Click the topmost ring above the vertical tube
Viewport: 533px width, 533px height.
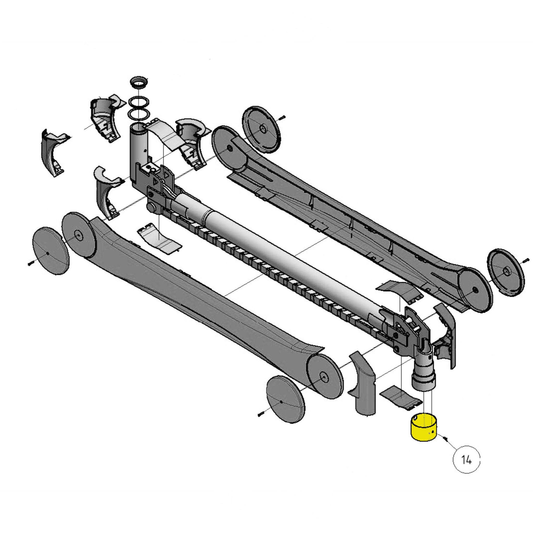click(139, 83)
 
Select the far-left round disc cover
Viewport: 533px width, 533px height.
click(51, 251)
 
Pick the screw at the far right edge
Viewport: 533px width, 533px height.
click(525, 260)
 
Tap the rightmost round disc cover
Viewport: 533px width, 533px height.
click(505, 272)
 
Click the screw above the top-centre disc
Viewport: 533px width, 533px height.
click(282, 118)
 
